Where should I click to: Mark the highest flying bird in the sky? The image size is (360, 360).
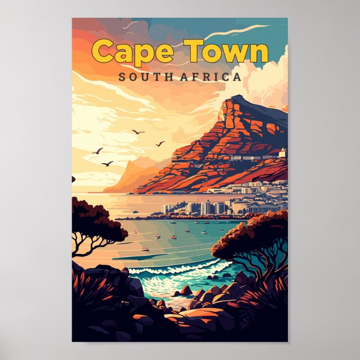click(138, 132)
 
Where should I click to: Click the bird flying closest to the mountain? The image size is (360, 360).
click(160, 144)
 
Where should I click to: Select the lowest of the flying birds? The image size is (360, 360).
click(107, 163)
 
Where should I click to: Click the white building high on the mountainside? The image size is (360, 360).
click(282, 152)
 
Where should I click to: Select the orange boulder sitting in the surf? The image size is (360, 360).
click(185, 291)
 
